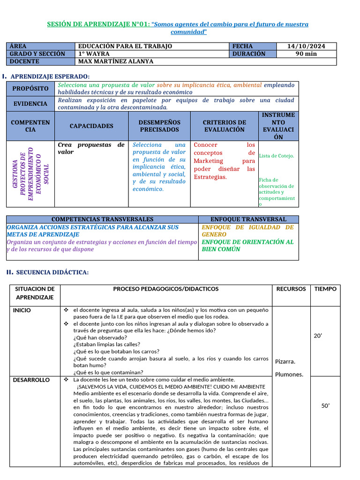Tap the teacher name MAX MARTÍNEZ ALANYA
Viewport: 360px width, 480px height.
coord(115,61)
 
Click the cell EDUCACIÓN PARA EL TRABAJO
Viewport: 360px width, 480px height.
coord(125,46)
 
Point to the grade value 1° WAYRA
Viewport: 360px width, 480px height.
coord(94,54)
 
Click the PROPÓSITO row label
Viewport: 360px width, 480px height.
coord(30,89)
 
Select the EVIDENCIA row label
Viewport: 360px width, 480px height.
coord(30,104)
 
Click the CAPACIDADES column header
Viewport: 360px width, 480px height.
coord(91,126)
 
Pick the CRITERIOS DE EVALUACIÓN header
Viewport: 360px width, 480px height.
coord(224,126)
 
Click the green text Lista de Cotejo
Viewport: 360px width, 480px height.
coord(277,156)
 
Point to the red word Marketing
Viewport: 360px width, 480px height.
coord(209,161)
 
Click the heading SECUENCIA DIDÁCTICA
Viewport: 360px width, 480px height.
coord(52,272)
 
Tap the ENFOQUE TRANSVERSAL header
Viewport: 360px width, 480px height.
coord(248,219)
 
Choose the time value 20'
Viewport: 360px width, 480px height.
coord(317,336)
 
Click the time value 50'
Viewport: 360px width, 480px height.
coord(325,406)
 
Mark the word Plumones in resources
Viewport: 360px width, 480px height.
coord(289,374)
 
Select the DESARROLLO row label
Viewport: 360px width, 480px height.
coord(31,380)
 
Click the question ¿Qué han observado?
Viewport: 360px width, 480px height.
coord(100,337)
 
